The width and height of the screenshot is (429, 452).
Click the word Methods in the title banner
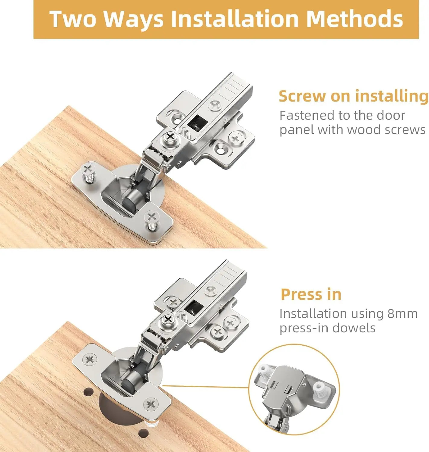click(354, 19)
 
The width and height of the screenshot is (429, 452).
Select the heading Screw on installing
click(353, 96)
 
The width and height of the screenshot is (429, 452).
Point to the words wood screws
click(386, 130)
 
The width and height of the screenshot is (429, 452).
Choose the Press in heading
click(311, 294)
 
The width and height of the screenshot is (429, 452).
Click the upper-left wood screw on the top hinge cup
click(88, 169)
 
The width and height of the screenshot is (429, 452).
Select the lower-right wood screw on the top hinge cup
click(151, 217)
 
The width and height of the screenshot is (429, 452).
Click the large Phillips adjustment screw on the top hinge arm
click(170, 137)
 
